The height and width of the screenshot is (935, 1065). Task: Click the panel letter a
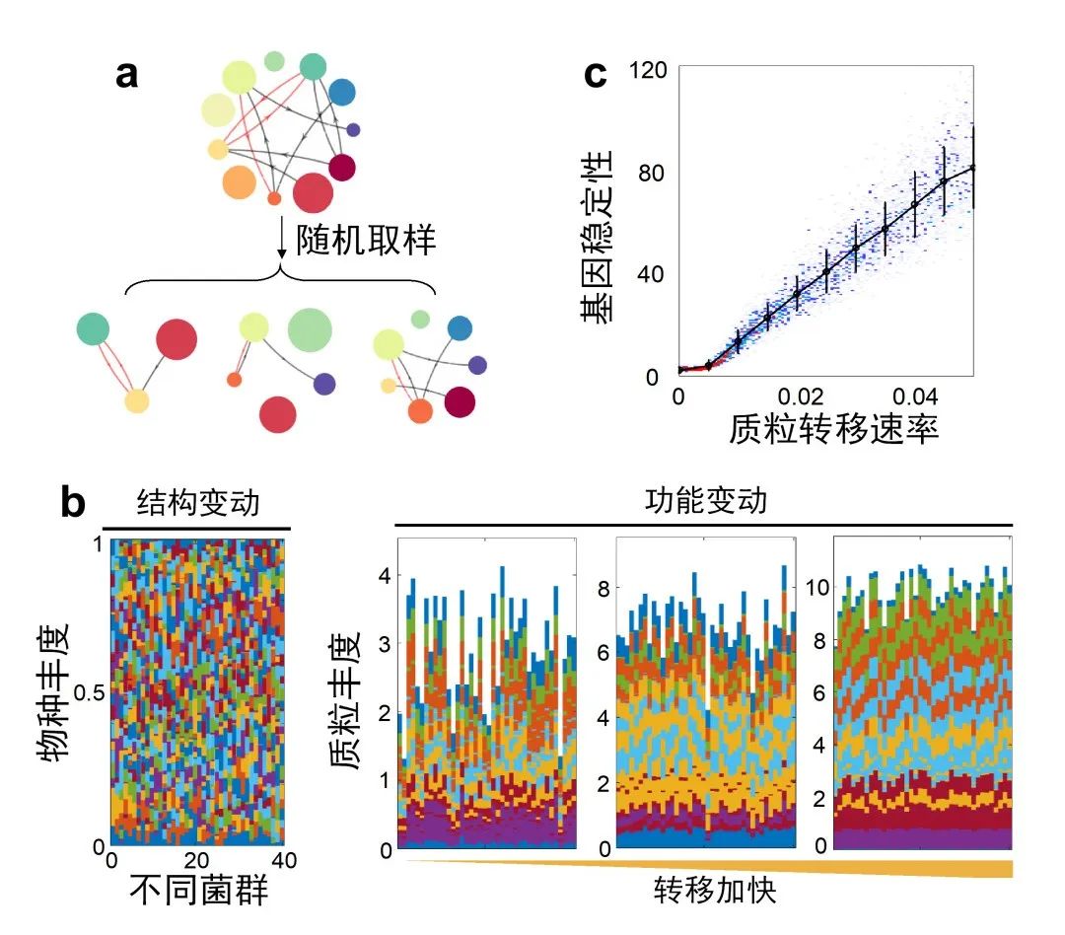point(127,74)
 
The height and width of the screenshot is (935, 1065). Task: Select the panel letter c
point(596,74)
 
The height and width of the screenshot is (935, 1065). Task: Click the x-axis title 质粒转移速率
point(834,429)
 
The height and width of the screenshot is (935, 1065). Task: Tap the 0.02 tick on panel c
point(801,396)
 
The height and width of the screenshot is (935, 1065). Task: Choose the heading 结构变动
point(196,503)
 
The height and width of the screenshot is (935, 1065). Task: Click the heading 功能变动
point(704,501)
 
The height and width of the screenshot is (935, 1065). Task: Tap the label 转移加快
point(715,893)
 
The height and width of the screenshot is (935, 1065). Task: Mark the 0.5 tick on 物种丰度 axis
point(89,693)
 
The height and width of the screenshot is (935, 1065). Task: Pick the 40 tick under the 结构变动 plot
point(279,860)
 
